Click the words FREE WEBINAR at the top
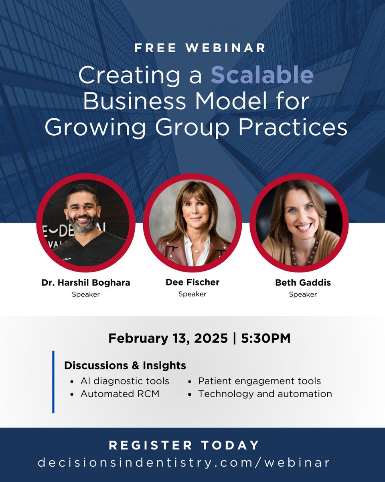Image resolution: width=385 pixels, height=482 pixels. [200, 48]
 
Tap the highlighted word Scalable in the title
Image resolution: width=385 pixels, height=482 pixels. [262, 75]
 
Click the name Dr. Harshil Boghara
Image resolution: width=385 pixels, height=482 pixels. [86, 283]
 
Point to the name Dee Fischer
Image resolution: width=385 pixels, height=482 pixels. [192, 283]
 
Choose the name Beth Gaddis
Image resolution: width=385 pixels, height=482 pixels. [303, 283]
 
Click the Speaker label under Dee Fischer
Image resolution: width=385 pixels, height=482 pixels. [192, 294]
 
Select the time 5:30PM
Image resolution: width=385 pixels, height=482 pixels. [266, 338]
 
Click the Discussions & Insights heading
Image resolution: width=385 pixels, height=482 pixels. [125, 366]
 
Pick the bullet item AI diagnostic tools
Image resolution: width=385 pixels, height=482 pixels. [125, 381]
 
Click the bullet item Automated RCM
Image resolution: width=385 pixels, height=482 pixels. [120, 394]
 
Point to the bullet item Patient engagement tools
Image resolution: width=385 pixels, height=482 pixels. [259, 381]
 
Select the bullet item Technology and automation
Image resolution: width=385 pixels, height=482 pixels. [265, 394]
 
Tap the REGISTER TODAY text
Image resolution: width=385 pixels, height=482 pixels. [184, 445]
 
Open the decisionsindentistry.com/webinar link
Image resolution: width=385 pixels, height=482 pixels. [184, 462]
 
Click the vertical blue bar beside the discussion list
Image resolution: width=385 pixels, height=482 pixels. [53, 382]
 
